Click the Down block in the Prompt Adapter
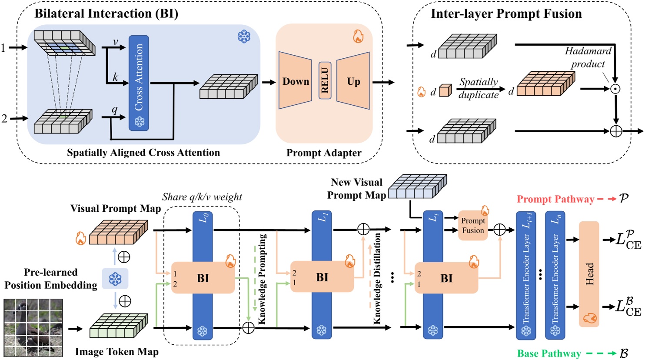pos(295,81)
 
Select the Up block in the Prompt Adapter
pos(353,81)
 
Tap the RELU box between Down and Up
pos(324,80)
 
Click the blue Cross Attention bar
pos(139,83)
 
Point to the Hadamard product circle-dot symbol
pos(615,89)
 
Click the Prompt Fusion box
pos(472,226)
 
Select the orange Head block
pos(589,274)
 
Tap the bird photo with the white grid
pos(33,327)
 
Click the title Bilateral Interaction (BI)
pos(106,13)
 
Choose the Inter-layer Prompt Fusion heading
pos(506,14)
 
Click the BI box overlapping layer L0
pos(203,278)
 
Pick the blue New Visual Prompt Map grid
pos(417,187)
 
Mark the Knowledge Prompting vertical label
pos(262,278)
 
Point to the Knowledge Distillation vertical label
pos(377,278)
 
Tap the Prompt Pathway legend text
pos(555,199)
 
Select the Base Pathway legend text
pos(549,353)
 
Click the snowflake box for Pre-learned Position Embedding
pos(115,279)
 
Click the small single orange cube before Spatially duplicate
pos(445,91)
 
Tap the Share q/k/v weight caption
pos(202,197)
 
